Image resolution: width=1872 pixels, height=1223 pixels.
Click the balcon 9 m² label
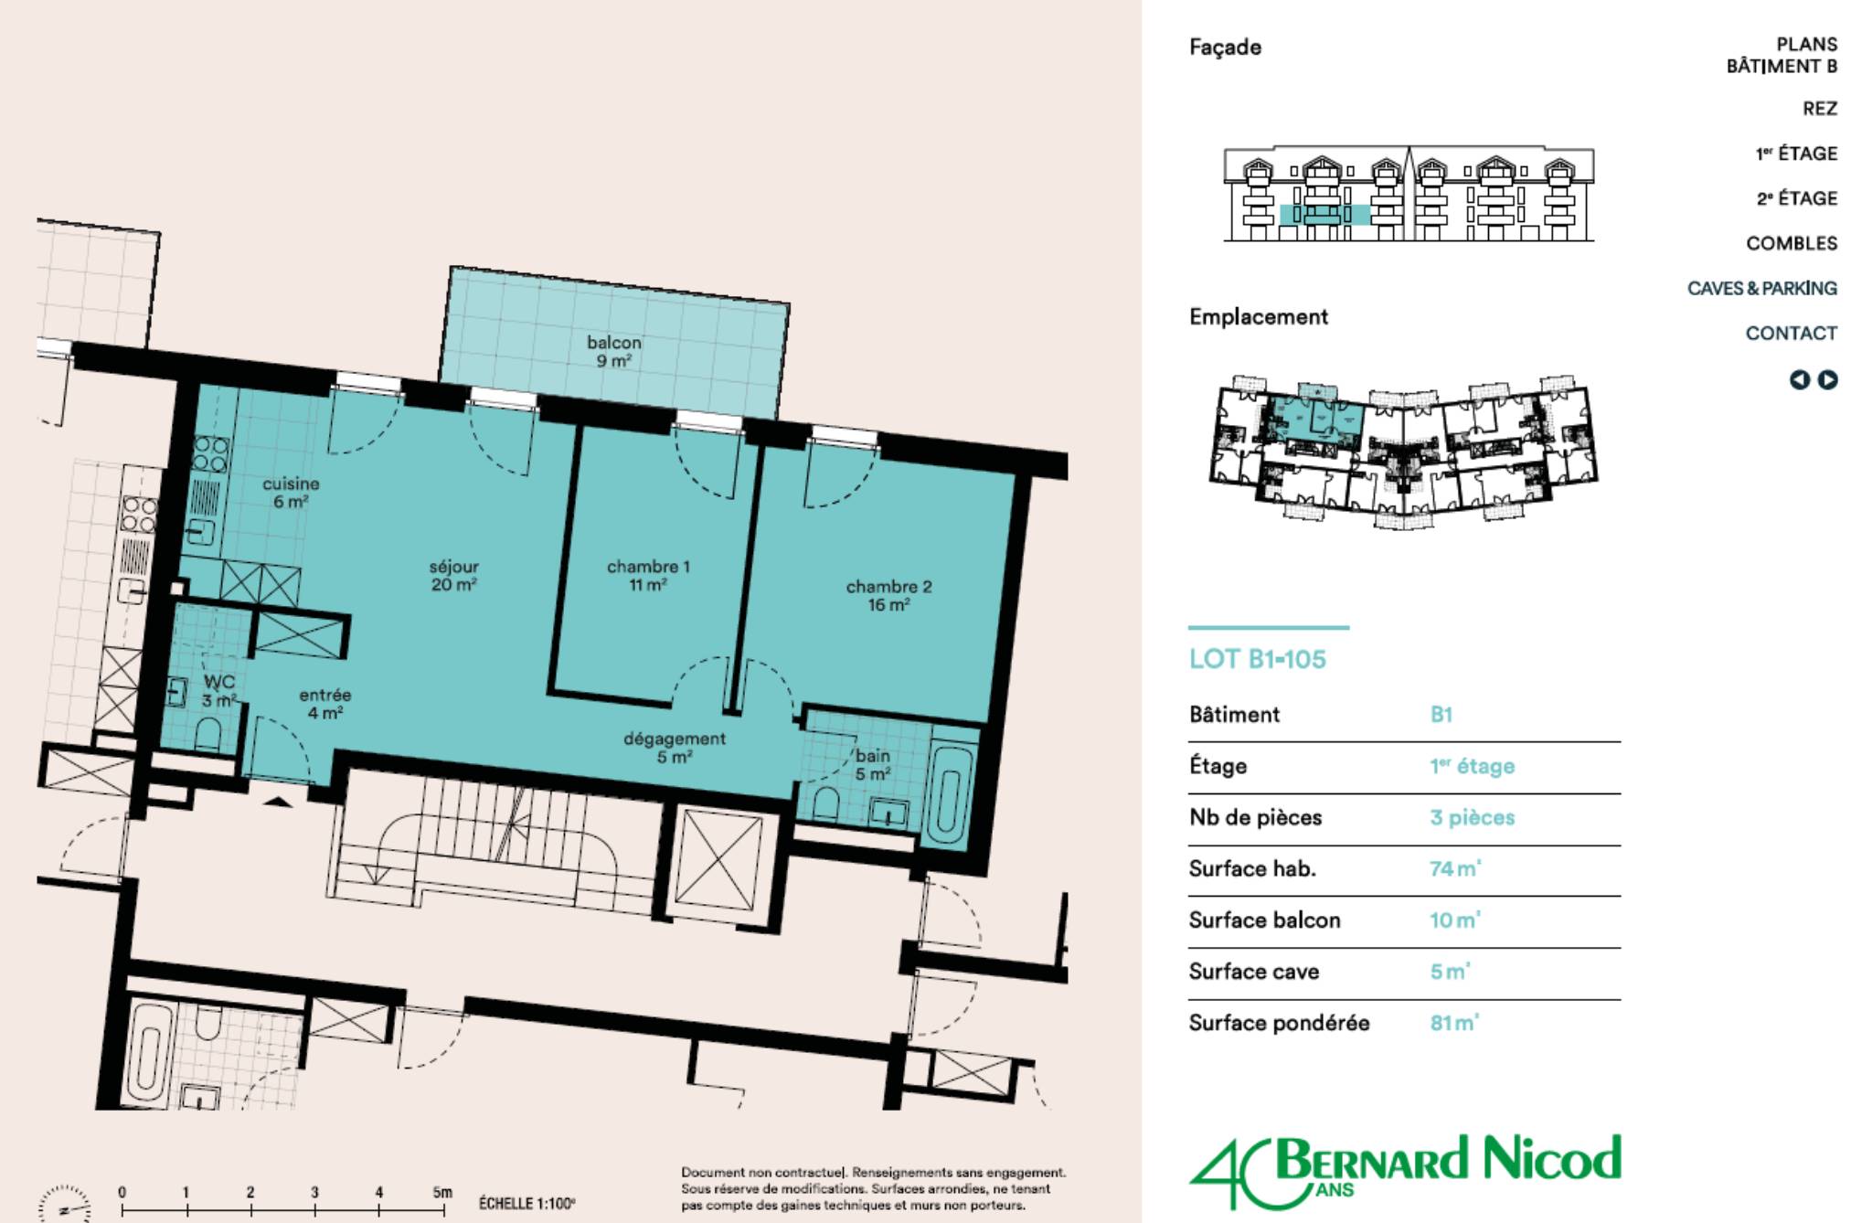[613, 351]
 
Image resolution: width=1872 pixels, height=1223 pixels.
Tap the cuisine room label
[291, 492]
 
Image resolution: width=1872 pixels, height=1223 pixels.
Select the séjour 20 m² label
[454, 575]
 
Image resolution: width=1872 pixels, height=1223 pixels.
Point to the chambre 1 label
[648, 575]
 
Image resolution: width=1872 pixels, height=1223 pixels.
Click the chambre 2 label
[888, 595]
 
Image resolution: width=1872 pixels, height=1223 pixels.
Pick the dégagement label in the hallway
[675, 748]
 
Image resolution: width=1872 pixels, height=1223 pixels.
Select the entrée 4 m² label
[324, 704]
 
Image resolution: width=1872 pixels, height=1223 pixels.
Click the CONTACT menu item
[1791, 333]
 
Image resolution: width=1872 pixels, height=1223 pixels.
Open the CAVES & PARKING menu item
[1761, 288]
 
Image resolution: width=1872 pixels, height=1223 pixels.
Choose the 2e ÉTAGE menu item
[1796, 198]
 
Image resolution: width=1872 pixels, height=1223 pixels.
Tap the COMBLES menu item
[1791, 243]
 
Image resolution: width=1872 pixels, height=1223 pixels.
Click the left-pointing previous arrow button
[1799, 379]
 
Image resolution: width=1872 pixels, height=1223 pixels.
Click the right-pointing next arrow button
[1827, 379]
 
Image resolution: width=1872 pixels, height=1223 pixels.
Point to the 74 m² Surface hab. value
[1455, 868]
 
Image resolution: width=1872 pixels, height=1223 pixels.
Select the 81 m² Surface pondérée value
[1454, 1022]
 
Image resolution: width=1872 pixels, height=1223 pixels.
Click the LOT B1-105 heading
[1257, 659]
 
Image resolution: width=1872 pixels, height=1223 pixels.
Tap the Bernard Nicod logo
[1405, 1171]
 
